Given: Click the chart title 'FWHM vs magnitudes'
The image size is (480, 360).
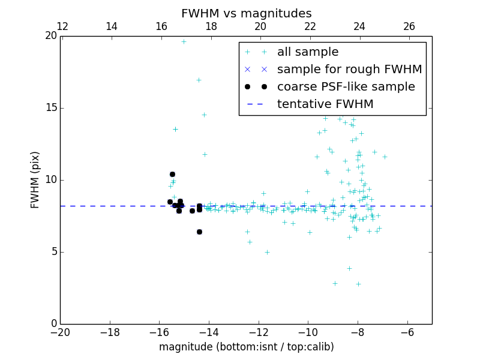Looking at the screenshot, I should [x=246, y=13].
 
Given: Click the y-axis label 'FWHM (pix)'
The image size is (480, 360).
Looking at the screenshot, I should [x=35, y=179].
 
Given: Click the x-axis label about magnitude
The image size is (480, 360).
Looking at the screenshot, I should [x=246, y=347].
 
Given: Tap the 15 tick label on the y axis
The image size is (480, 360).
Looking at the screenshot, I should [x=52, y=108].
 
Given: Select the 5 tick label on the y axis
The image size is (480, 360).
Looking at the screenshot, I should [x=54, y=252].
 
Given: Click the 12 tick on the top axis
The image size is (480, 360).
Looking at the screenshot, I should [x=62, y=26].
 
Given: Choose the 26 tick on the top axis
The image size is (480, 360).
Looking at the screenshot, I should [x=409, y=26].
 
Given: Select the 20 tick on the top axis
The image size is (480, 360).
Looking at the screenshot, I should [x=260, y=26].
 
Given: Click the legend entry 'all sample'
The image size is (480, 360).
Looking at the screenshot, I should [x=308, y=52].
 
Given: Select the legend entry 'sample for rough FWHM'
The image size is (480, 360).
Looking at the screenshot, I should [x=349, y=70].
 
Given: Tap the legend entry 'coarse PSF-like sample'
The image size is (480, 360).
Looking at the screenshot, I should [x=346, y=87].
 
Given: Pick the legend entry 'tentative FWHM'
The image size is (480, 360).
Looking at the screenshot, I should [x=325, y=104].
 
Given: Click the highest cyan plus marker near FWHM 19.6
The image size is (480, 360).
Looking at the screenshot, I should [x=184, y=41].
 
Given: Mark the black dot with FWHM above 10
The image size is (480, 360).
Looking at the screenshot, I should [x=172, y=174].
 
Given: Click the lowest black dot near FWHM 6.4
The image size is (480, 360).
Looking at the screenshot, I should [x=199, y=232].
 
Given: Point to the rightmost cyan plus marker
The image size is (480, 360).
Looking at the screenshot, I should [x=385, y=157].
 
